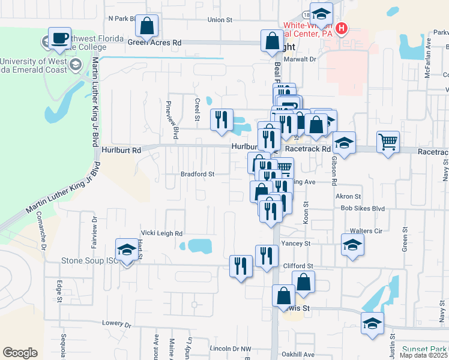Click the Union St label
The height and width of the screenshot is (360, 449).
click(x=220, y=20)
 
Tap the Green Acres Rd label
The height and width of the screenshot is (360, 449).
click(x=154, y=43)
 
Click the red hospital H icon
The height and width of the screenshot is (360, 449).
click(x=342, y=28)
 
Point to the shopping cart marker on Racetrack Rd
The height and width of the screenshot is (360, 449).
click(x=388, y=142)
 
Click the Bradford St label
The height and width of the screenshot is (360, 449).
click(x=197, y=175)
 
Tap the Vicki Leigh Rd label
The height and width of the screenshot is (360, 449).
click(x=161, y=233)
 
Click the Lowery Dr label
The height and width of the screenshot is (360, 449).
click(x=116, y=323)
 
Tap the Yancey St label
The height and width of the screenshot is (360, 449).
click(x=295, y=244)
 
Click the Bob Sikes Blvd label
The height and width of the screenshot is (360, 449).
click(x=362, y=208)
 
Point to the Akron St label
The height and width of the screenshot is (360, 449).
click(x=348, y=196)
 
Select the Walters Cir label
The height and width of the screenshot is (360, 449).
click(x=370, y=230)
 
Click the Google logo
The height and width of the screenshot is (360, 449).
click(x=20, y=353)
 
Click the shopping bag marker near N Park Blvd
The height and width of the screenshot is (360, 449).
click(x=146, y=26)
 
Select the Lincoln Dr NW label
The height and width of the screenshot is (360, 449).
click(x=231, y=348)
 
